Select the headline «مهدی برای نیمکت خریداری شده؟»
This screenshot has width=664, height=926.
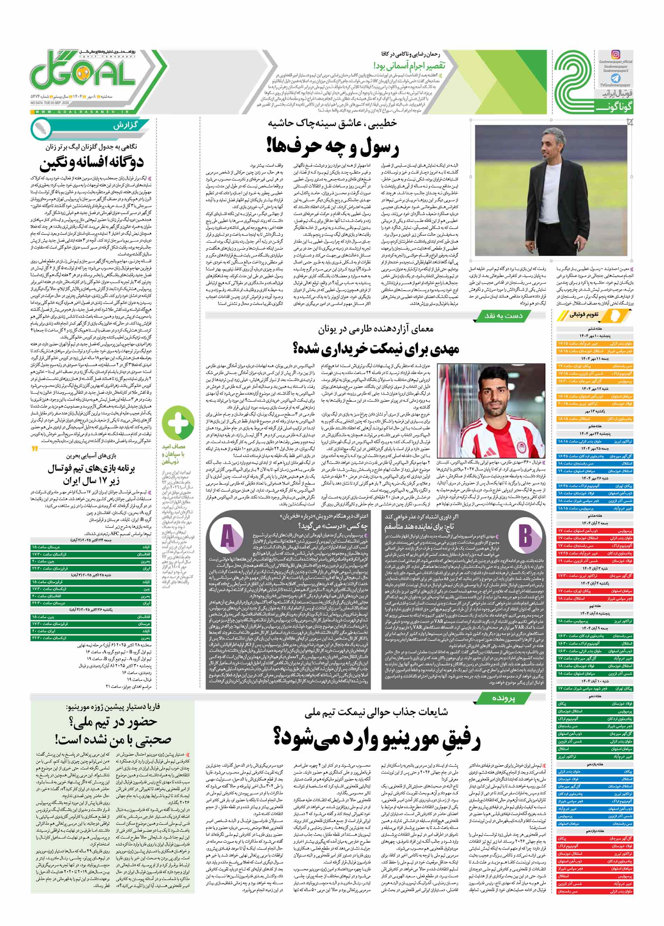tap(376, 348)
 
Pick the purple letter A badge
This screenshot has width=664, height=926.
tap(227, 536)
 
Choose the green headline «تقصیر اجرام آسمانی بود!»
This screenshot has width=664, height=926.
tap(409, 65)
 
